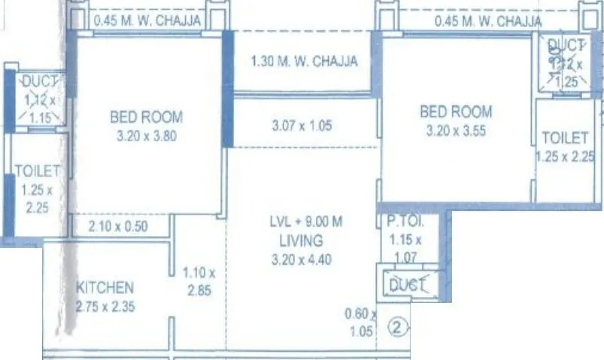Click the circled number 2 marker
399,327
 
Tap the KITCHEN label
105,287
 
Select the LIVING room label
300,241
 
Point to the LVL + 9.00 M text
306,222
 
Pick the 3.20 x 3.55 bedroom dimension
455,131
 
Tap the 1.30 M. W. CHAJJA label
304,61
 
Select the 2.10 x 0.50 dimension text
118,226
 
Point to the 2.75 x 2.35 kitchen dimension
105,305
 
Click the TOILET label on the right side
564,138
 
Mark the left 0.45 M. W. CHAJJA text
146,21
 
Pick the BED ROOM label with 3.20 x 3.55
456,112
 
